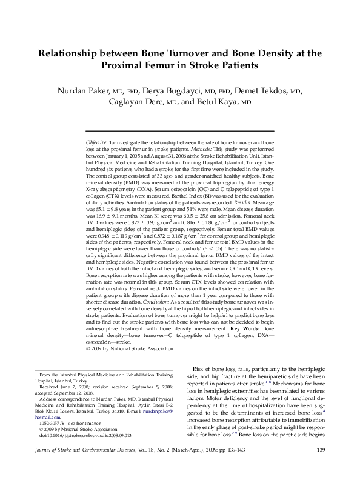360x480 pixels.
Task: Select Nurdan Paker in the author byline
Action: click(x=83, y=91)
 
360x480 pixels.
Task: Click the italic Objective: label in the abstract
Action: click(x=97, y=141)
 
